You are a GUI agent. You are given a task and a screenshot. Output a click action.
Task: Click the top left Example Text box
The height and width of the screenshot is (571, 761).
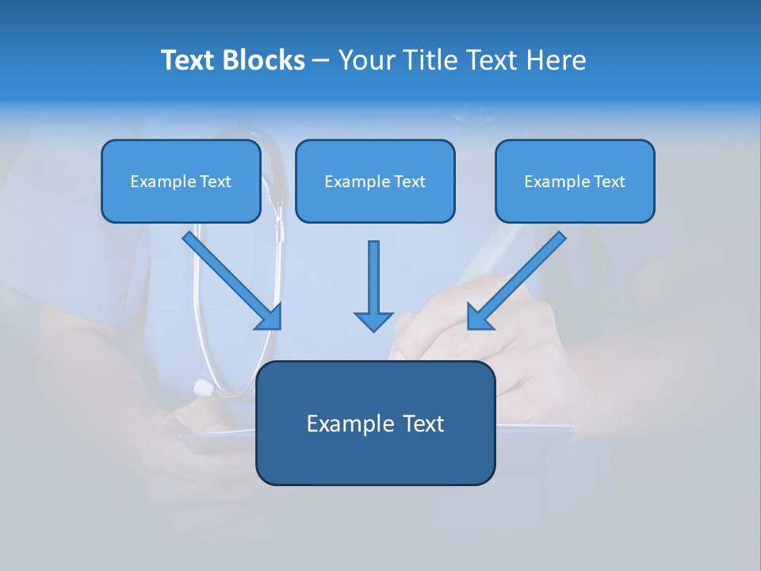coord(181,182)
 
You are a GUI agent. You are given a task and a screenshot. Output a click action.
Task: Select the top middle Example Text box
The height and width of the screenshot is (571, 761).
coord(375,182)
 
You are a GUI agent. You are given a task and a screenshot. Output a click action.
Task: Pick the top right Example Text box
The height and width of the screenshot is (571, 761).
coord(575,182)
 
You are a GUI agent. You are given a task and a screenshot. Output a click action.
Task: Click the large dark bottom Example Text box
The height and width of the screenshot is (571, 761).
coord(375,423)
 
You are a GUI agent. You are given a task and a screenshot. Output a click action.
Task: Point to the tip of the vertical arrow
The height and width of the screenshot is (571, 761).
coord(373,330)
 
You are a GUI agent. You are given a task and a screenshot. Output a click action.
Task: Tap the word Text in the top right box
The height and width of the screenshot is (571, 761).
coord(609,182)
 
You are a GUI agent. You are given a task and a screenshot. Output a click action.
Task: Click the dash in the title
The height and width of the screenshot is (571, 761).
coord(321,61)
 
